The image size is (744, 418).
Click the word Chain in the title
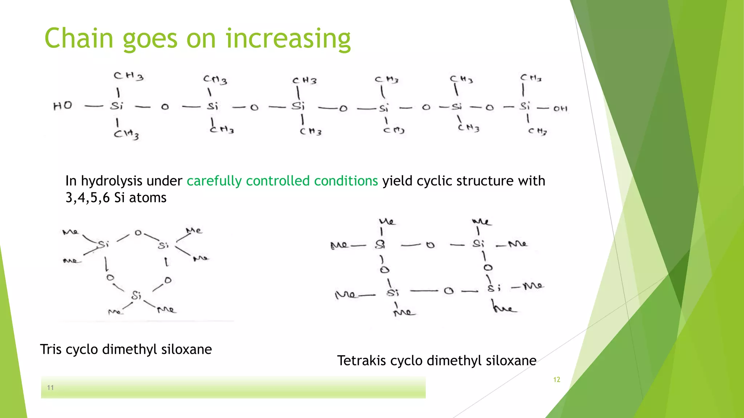(x=79, y=38)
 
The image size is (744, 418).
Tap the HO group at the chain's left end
(x=62, y=106)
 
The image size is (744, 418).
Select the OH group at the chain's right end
(x=560, y=108)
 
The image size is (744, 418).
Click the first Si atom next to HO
(x=117, y=106)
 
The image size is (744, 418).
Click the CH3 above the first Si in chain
(x=128, y=76)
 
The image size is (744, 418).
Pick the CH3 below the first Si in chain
(x=126, y=135)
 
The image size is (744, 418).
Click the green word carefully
(x=214, y=181)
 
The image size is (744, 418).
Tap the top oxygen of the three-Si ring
(x=138, y=233)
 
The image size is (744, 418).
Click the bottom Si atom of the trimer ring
(x=136, y=295)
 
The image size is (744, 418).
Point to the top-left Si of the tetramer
(x=380, y=245)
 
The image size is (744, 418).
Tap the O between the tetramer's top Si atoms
(x=430, y=245)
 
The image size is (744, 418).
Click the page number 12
(x=557, y=380)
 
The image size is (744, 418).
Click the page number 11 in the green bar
(x=50, y=388)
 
